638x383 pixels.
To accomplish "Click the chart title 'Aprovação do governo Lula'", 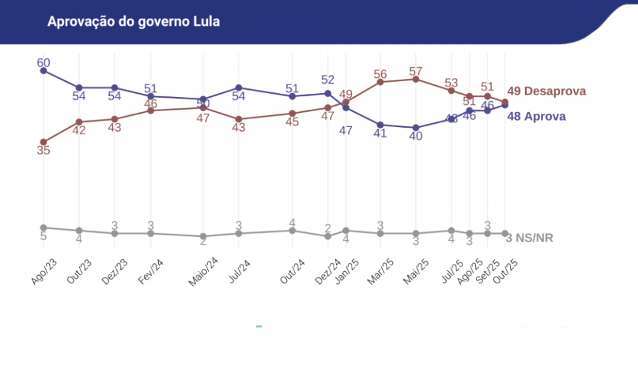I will pyautogui.click(x=134, y=22).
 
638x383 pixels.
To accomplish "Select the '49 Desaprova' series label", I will pyautogui.click(x=546, y=91).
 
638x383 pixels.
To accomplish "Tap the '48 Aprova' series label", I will pyautogui.click(x=536, y=116).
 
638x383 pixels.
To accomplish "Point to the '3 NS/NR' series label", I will pyautogui.click(x=530, y=237).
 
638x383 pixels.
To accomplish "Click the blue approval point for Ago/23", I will pyautogui.click(x=43, y=70).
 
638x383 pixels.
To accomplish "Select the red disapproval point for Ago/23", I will pyautogui.click(x=43, y=142).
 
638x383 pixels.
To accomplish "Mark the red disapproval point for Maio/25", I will pyautogui.click(x=416, y=79).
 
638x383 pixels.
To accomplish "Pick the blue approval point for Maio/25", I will pyautogui.click(x=416, y=128).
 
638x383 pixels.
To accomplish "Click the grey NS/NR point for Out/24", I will pyautogui.click(x=292, y=231).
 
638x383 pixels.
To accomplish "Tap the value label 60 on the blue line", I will pyautogui.click(x=43, y=63).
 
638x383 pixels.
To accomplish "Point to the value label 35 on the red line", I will pyautogui.click(x=43, y=151).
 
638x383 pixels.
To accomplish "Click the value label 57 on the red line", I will pyautogui.click(x=416, y=71).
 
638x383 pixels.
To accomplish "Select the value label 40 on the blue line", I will pyautogui.click(x=416, y=136).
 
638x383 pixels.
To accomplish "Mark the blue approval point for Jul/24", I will pyautogui.click(x=239, y=88).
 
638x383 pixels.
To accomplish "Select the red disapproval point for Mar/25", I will pyautogui.click(x=381, y=82).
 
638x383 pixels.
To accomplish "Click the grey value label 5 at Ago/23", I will pyautogui.click(x=43, y=236).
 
